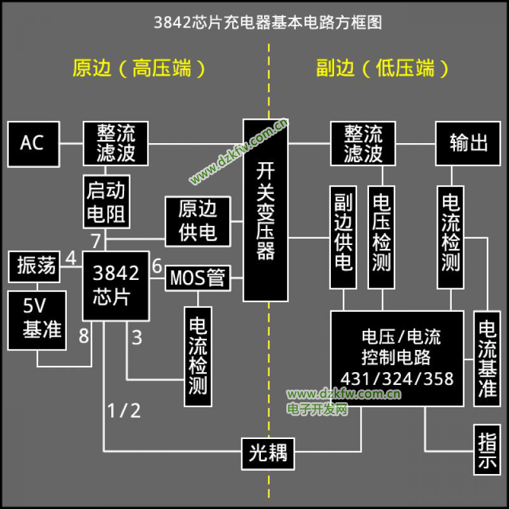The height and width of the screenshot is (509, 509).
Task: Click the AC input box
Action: click(x=34, y=144)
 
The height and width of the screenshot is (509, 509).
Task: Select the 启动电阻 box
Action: click(x=106, y=202)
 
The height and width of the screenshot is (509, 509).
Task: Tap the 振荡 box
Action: click(x=34, y=267)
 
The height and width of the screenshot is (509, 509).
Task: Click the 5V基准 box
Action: click(x=37, y=321)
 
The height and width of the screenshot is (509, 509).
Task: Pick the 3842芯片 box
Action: click(x=116, y=286)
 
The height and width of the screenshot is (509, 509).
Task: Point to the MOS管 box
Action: click(x=198, y=278)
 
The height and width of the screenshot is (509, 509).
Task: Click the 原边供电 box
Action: click(x=198, y=221)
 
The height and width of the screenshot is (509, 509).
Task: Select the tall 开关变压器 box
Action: click(x=265, y=211)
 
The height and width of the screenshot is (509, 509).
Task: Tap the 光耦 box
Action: click(x=268, y=454)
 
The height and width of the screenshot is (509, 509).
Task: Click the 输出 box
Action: click(x=468, y=144)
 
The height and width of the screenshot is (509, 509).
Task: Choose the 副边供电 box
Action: click(x=343, y=237)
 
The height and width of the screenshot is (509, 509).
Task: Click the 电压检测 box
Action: click(x=381, y=237)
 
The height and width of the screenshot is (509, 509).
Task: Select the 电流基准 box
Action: click(x=487, y=359)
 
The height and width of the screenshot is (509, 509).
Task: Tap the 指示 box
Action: click(x=487, y=449)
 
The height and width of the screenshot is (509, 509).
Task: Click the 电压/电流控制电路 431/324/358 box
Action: click(x=397, y=358)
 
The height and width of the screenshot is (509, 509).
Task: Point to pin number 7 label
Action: click(x=96, y=241)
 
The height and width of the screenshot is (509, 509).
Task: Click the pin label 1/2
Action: click(x=123, y=410)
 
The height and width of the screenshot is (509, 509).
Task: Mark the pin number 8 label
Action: click(x=84, y=336)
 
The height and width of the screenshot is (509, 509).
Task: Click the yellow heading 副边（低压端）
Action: click(x=382, y=68)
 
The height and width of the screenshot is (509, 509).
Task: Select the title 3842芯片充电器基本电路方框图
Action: click(x=268, y=22)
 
